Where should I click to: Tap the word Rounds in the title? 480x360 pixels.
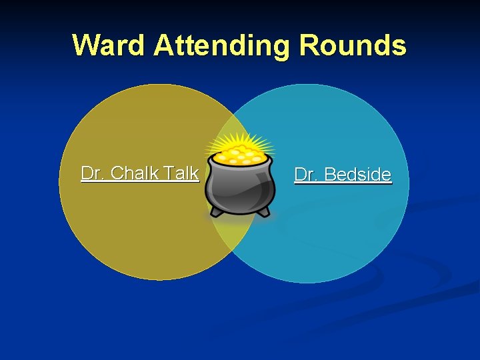[353, 45]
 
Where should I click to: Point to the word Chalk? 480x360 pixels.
[135, 173]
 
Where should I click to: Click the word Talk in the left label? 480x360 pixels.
[181, 173]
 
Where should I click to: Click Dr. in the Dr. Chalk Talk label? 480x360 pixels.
[93, 173]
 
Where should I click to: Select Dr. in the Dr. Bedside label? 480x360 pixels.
[306, 175]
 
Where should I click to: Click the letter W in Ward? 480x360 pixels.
[86, 45]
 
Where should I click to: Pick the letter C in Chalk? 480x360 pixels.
[117, 173]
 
